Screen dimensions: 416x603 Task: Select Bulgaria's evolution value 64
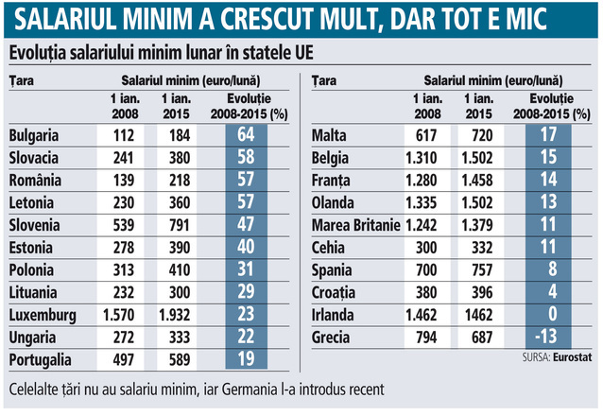246,135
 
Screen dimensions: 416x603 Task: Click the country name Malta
330,135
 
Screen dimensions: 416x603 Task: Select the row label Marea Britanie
355,225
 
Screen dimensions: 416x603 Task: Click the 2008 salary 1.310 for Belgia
421,158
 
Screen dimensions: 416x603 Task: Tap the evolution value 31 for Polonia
246,269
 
